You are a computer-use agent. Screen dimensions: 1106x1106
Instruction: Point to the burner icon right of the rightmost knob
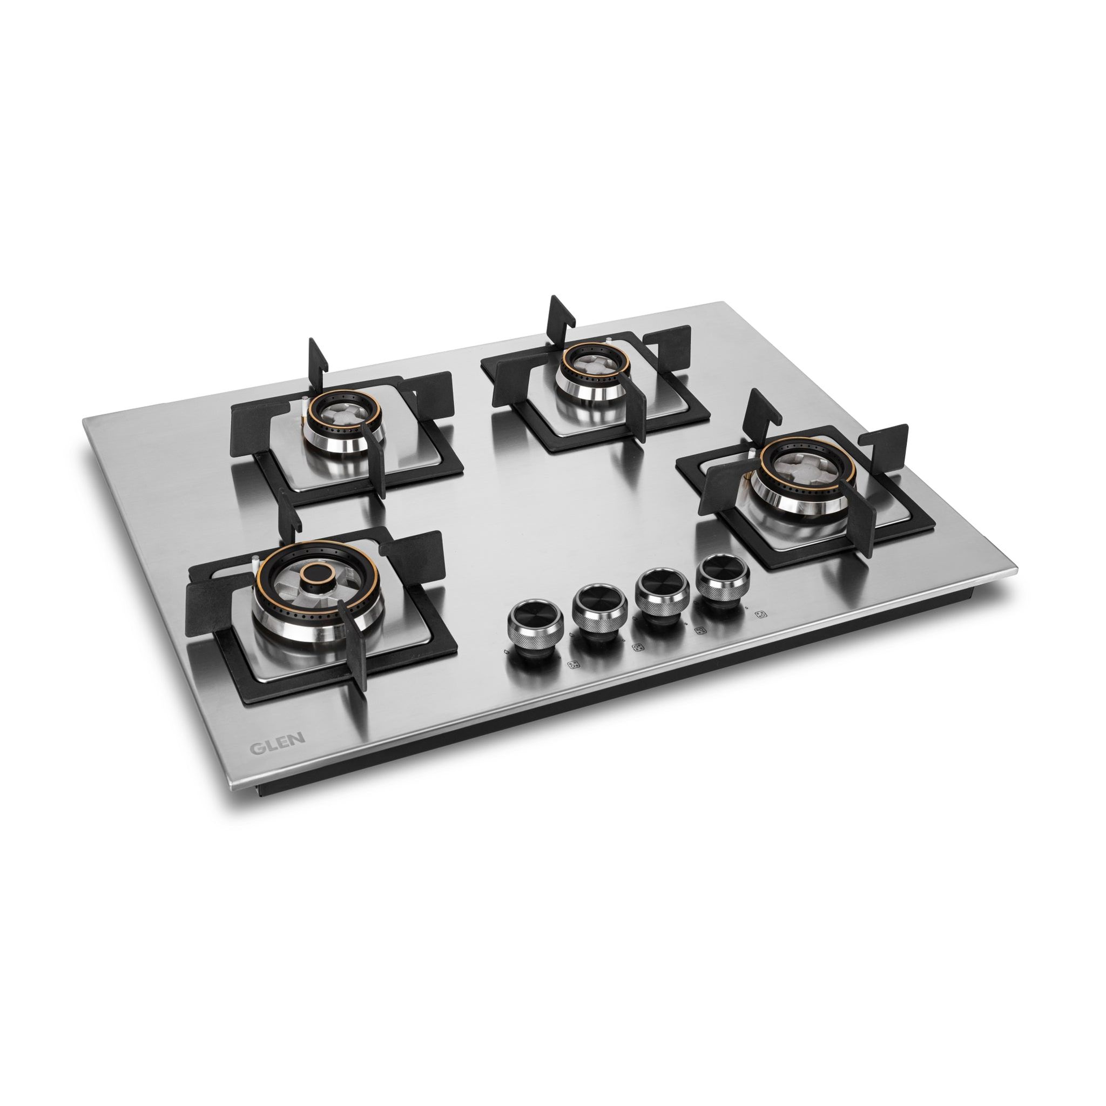[x=761, y=614]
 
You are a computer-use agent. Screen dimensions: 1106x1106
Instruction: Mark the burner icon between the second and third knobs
[x=637, y=648]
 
